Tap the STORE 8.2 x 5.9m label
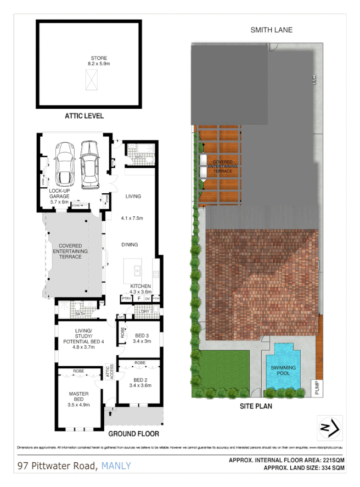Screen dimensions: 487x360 (99, 61)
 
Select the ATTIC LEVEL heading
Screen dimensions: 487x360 (84, 116)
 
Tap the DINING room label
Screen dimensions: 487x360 (130, 245)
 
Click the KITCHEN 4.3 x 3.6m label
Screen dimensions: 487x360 (140, 289)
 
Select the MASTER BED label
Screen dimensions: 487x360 (78, 396)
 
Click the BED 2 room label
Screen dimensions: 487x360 (140, 382)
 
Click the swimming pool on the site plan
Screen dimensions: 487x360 (283, 367)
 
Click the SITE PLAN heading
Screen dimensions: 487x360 (256, 407)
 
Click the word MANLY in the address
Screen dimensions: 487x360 (116, 466)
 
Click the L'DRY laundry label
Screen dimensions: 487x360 (145, 312)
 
